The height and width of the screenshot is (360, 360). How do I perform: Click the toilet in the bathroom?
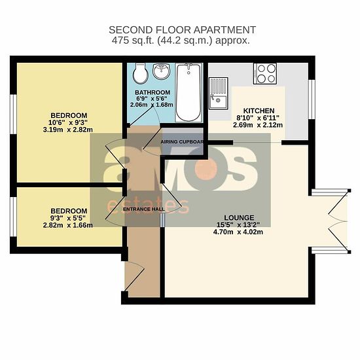(140, 73)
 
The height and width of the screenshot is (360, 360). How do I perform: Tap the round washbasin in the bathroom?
(162, 71)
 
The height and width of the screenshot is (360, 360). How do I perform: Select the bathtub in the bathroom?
(189, 92)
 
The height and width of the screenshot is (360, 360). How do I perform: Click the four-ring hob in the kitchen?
(265, 74)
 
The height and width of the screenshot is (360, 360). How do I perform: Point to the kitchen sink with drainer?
(219, 94)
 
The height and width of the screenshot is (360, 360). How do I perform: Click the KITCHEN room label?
(259, 111)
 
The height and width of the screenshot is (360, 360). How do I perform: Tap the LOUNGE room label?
(239, 217)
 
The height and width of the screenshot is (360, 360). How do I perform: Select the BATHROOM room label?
(153, 92)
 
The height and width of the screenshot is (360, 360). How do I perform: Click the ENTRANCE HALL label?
(144, 209)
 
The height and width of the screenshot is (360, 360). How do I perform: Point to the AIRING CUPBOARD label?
(182, 142)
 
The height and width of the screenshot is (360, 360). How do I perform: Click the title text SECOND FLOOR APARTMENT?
(183, 30)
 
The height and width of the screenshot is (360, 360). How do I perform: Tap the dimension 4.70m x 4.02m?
(238, 232)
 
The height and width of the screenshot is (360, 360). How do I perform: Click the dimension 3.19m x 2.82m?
(67, 130)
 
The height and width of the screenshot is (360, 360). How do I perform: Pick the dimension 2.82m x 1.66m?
(67, 225)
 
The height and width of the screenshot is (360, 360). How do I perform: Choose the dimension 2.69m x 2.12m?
(258, 125)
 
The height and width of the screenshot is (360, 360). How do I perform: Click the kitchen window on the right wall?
(312, 99)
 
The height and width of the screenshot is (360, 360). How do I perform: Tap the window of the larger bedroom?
(13, 114)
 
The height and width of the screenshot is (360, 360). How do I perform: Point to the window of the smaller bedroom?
(13, 217)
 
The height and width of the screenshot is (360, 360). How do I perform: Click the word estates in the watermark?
(148, 206)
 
